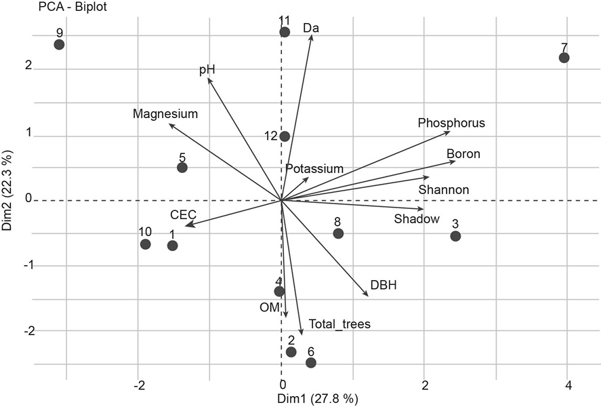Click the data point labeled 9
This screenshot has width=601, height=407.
[59, 45]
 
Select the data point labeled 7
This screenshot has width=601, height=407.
[564, 58]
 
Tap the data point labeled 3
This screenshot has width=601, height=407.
[455, 236]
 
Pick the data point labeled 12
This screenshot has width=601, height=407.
[285, 136]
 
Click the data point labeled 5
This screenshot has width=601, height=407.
[182, 168]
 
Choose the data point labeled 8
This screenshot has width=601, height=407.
[338, 233]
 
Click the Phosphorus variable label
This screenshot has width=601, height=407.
[451, 123]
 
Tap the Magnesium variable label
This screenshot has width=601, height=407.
[165, 114]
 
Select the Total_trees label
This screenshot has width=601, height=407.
[339, 324]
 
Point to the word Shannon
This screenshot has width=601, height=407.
[444, 189]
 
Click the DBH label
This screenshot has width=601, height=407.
[384, 285]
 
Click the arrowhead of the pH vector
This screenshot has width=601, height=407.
[209, 79]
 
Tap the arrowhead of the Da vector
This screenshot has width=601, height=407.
[312, 37]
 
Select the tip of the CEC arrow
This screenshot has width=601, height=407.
[188, 225]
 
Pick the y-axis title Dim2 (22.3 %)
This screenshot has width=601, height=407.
[8, 191]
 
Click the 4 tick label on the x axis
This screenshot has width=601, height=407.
[568, 385]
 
